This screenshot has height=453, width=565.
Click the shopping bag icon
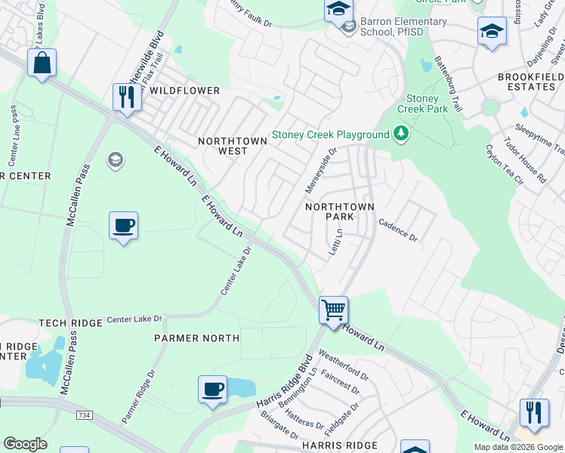click(x=42, y=63)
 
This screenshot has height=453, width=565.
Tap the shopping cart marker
click(x=333, y=309)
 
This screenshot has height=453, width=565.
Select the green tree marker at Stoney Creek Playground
click(x=401, y=134)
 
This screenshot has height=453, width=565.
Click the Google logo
click(x=25, y=444)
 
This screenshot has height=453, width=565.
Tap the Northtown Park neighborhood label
click(x=329, y=211)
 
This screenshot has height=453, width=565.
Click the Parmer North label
click(x=196, y=338)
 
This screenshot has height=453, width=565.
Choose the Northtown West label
click(x=233, y=146)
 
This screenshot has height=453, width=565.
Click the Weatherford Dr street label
click(x=344, y=364)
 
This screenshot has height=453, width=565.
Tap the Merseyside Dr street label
click(x=320, y=169)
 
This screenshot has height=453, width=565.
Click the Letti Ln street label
click(x=335, y=243)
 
